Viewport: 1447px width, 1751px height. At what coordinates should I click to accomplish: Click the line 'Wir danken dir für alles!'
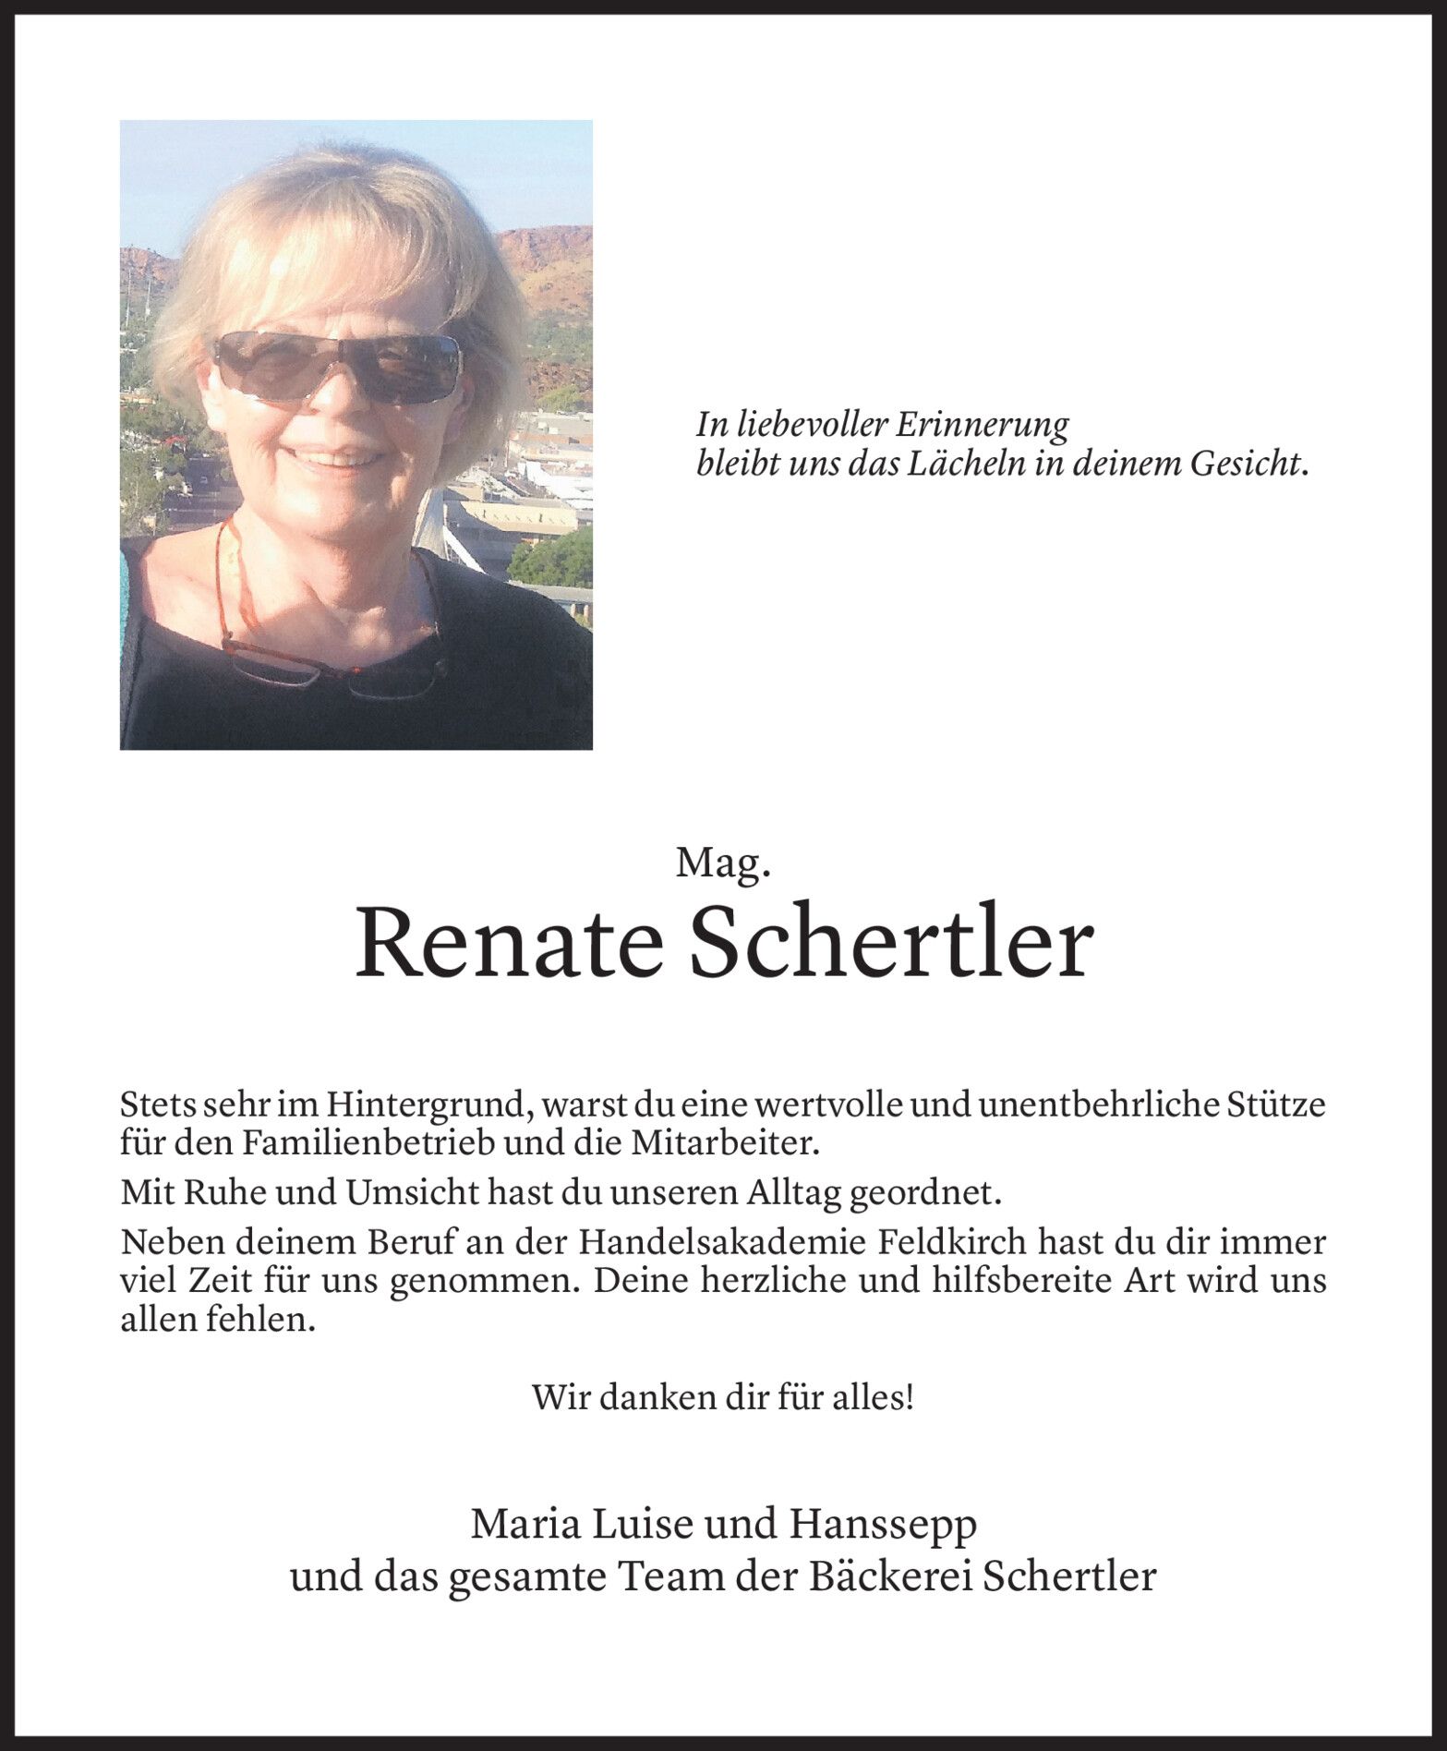pos(723,1396)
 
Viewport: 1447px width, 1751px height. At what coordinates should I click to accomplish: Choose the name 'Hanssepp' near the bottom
pos(881,1524)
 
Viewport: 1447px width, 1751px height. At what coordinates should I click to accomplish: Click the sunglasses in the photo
pos(337,366)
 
